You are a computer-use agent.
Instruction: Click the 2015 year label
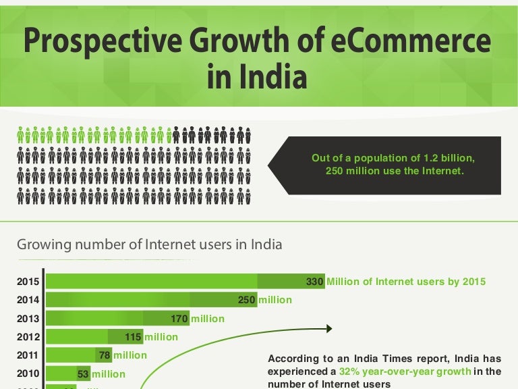pyautogui.click(x=28, y=282)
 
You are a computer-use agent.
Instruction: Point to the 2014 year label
pyautogui.click(x=28, y=300)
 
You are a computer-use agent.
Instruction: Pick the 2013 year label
pyautogui.click(x=28, y=318)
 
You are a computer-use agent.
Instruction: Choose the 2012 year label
pyautogui.click(x=28, y=336)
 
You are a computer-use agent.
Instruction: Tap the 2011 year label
pyautogui.click(x=28, y=355)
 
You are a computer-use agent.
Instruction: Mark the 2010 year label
pyautogui.click(x=28, y=373)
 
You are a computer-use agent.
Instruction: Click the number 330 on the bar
pyautogui.click(x=315, y=282)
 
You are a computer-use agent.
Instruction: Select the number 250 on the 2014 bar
pyautogui.click(x=247, y=300)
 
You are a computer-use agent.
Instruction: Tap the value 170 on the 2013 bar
pyautogui.click(x=179, y=318)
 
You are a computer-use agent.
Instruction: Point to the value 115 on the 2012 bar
pyautogui.click(x=134, y=336)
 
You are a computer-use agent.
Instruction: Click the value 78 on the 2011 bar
pyautogui.click(x=105, y=355)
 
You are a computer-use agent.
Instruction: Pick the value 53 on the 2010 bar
pyautogui.click(x=83, y=373)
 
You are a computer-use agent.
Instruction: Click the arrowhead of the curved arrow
pyautogui.click(x=330, y=329)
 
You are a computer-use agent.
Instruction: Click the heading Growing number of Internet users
pyautogui.click(x=149, y=244)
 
